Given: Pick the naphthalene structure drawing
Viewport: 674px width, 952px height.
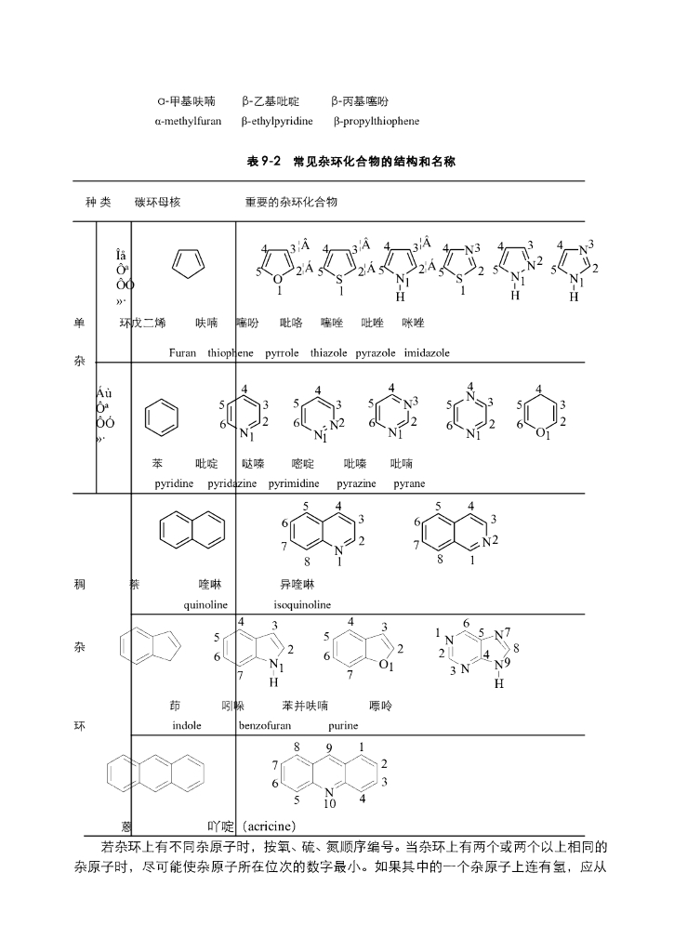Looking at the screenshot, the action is point(192,529).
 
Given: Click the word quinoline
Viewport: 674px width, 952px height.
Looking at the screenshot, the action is point(205,604).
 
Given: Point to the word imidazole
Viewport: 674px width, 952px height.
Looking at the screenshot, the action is point(428,353).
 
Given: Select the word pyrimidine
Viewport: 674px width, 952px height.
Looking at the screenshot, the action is point(294,484).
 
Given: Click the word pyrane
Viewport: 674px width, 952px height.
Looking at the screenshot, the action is point(409,484).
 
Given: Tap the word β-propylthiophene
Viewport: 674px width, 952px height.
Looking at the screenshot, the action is point(377,121).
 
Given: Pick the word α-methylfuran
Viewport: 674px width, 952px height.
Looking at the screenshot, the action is point(188,121).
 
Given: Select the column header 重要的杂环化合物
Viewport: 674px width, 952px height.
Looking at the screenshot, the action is point(291,202).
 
